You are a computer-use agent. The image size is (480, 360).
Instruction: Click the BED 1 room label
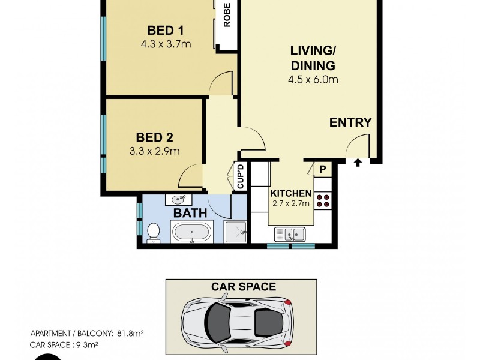(x=165, y=31)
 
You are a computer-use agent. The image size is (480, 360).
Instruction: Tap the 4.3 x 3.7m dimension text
(x=165, y=43)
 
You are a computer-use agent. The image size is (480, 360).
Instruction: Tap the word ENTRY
(x=350, y=122)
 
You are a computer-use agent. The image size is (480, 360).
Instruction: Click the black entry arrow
(x=358, y=162)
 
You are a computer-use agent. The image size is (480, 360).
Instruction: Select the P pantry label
(x=322, y=170)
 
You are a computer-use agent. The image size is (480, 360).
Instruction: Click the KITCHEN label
(x=290, y=193)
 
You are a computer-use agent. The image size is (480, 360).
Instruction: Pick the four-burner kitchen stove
(x=323, y=200)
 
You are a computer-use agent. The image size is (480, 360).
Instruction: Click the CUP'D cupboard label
(x=240, y=176)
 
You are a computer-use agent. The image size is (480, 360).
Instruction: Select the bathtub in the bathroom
(x=191, y=232)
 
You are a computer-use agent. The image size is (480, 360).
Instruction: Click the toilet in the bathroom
(x=153, y=232)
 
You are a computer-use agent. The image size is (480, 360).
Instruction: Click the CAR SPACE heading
(x=243, y=287)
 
